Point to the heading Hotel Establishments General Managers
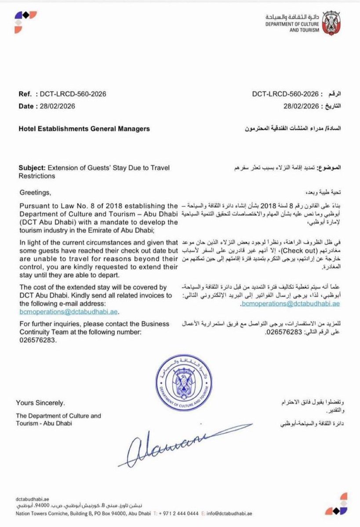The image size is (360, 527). pyautogui.click(x=84, y=129)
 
